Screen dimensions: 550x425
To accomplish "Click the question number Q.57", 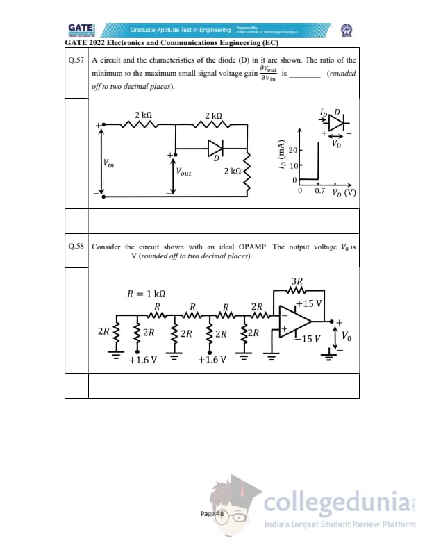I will coord(76,61).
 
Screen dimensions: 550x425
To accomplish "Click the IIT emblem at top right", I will coord(345,30).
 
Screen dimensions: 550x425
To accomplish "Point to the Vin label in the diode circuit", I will coord(109,164).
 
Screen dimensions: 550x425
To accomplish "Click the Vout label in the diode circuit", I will coord(184,172).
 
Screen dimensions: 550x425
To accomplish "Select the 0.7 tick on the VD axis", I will coord(319,190).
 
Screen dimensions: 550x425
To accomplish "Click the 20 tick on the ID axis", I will coord(292,151).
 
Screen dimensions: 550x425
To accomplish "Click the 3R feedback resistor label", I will coord(297,282).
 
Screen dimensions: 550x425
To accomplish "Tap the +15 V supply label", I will coord(309,303).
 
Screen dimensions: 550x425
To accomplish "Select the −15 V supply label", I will coord(306,339).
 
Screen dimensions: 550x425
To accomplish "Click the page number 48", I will coord(219,514).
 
